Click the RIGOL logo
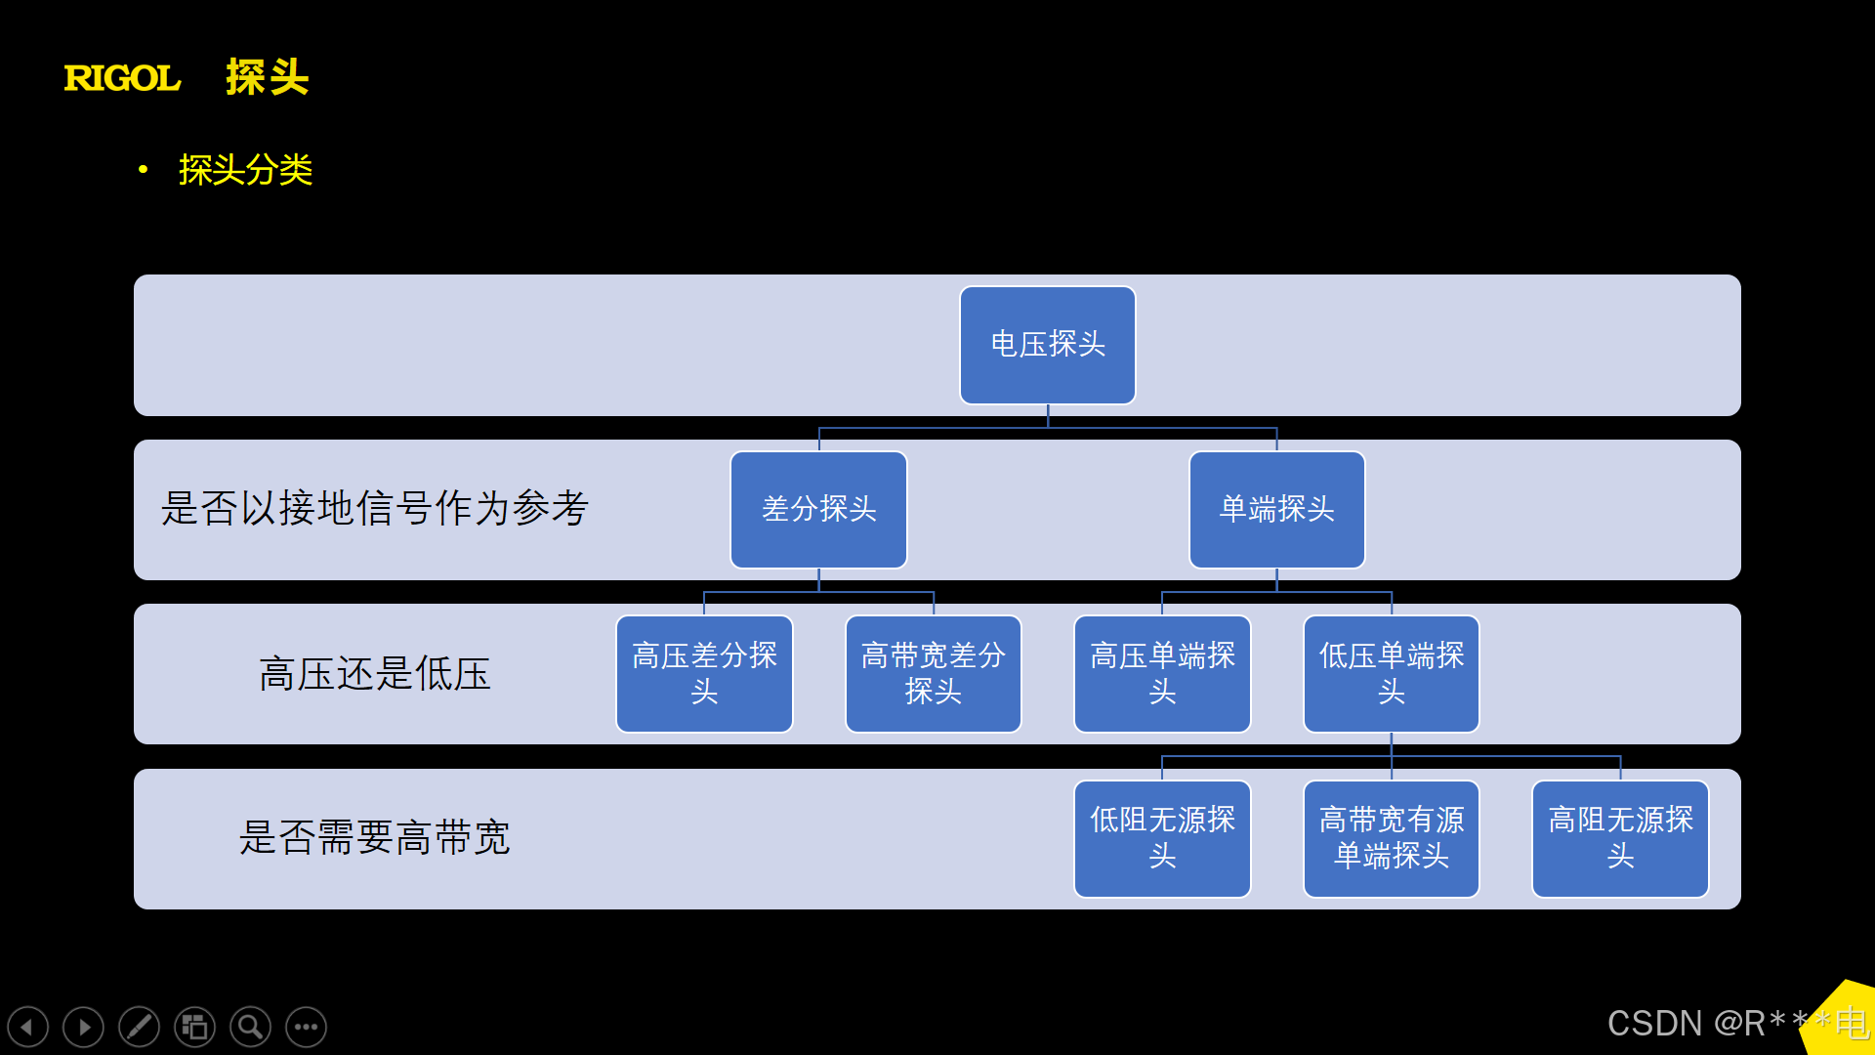click(x=122, y=78)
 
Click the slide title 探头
click(x=267, y=77)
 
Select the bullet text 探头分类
click(x=245, y=170)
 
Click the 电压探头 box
click(x=1047, y=345)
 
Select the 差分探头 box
click(x=818, y=509)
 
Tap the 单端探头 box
click(x=1276, y=509)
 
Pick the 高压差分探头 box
click(x=704, y=673)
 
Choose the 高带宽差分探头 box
click(x=933, y=673)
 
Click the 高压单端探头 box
click(x=1162, y=673)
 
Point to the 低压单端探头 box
click(x=1391, y=673)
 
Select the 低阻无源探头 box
click(x=1162, y=838)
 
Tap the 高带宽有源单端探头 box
click(x=1391, y=838)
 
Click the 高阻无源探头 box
click(x=1620, y=838)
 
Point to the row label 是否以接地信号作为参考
click(x=375, y=509)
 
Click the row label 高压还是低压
click(x=375, y=674)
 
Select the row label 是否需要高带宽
click(x=375, y=838)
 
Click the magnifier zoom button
click(x=251, y=1027)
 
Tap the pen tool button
click(x=140, y=1027)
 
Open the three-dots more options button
click(x=307, y=1027)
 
